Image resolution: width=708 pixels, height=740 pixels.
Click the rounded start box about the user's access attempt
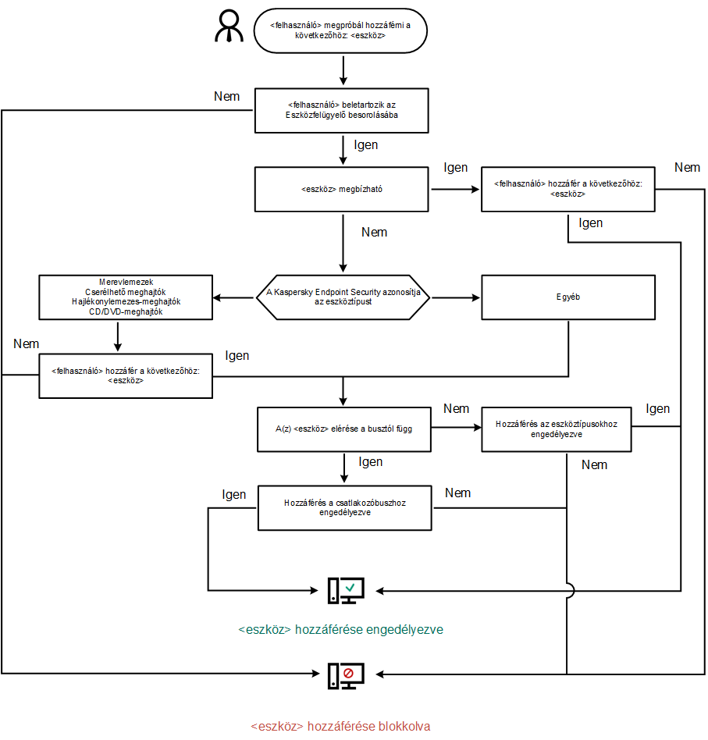click(341, 30)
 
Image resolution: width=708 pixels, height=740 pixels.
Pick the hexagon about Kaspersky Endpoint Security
click(343, 297)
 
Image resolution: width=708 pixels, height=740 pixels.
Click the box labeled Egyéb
click(567, 297)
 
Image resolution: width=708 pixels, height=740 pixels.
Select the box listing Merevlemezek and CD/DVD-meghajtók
click(126, 297)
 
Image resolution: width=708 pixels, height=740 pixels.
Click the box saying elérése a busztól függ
click(343, 429)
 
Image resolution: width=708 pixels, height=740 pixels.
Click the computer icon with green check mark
click(346, 590)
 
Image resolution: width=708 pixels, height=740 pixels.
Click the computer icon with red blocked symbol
click(346, 674)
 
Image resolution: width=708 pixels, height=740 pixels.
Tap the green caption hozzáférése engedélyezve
click(341, 628)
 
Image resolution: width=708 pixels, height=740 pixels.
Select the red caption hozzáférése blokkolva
click(340, 726)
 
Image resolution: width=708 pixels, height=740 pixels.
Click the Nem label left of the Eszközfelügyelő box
click(226, 96)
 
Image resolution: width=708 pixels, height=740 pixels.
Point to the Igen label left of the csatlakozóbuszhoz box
click(234, 494)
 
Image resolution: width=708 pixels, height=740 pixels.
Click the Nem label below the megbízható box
click(375, 232)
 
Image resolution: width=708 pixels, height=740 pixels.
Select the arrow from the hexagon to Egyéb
click(456, 297)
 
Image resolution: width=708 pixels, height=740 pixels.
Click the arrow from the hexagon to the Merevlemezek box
click(234, 297)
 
